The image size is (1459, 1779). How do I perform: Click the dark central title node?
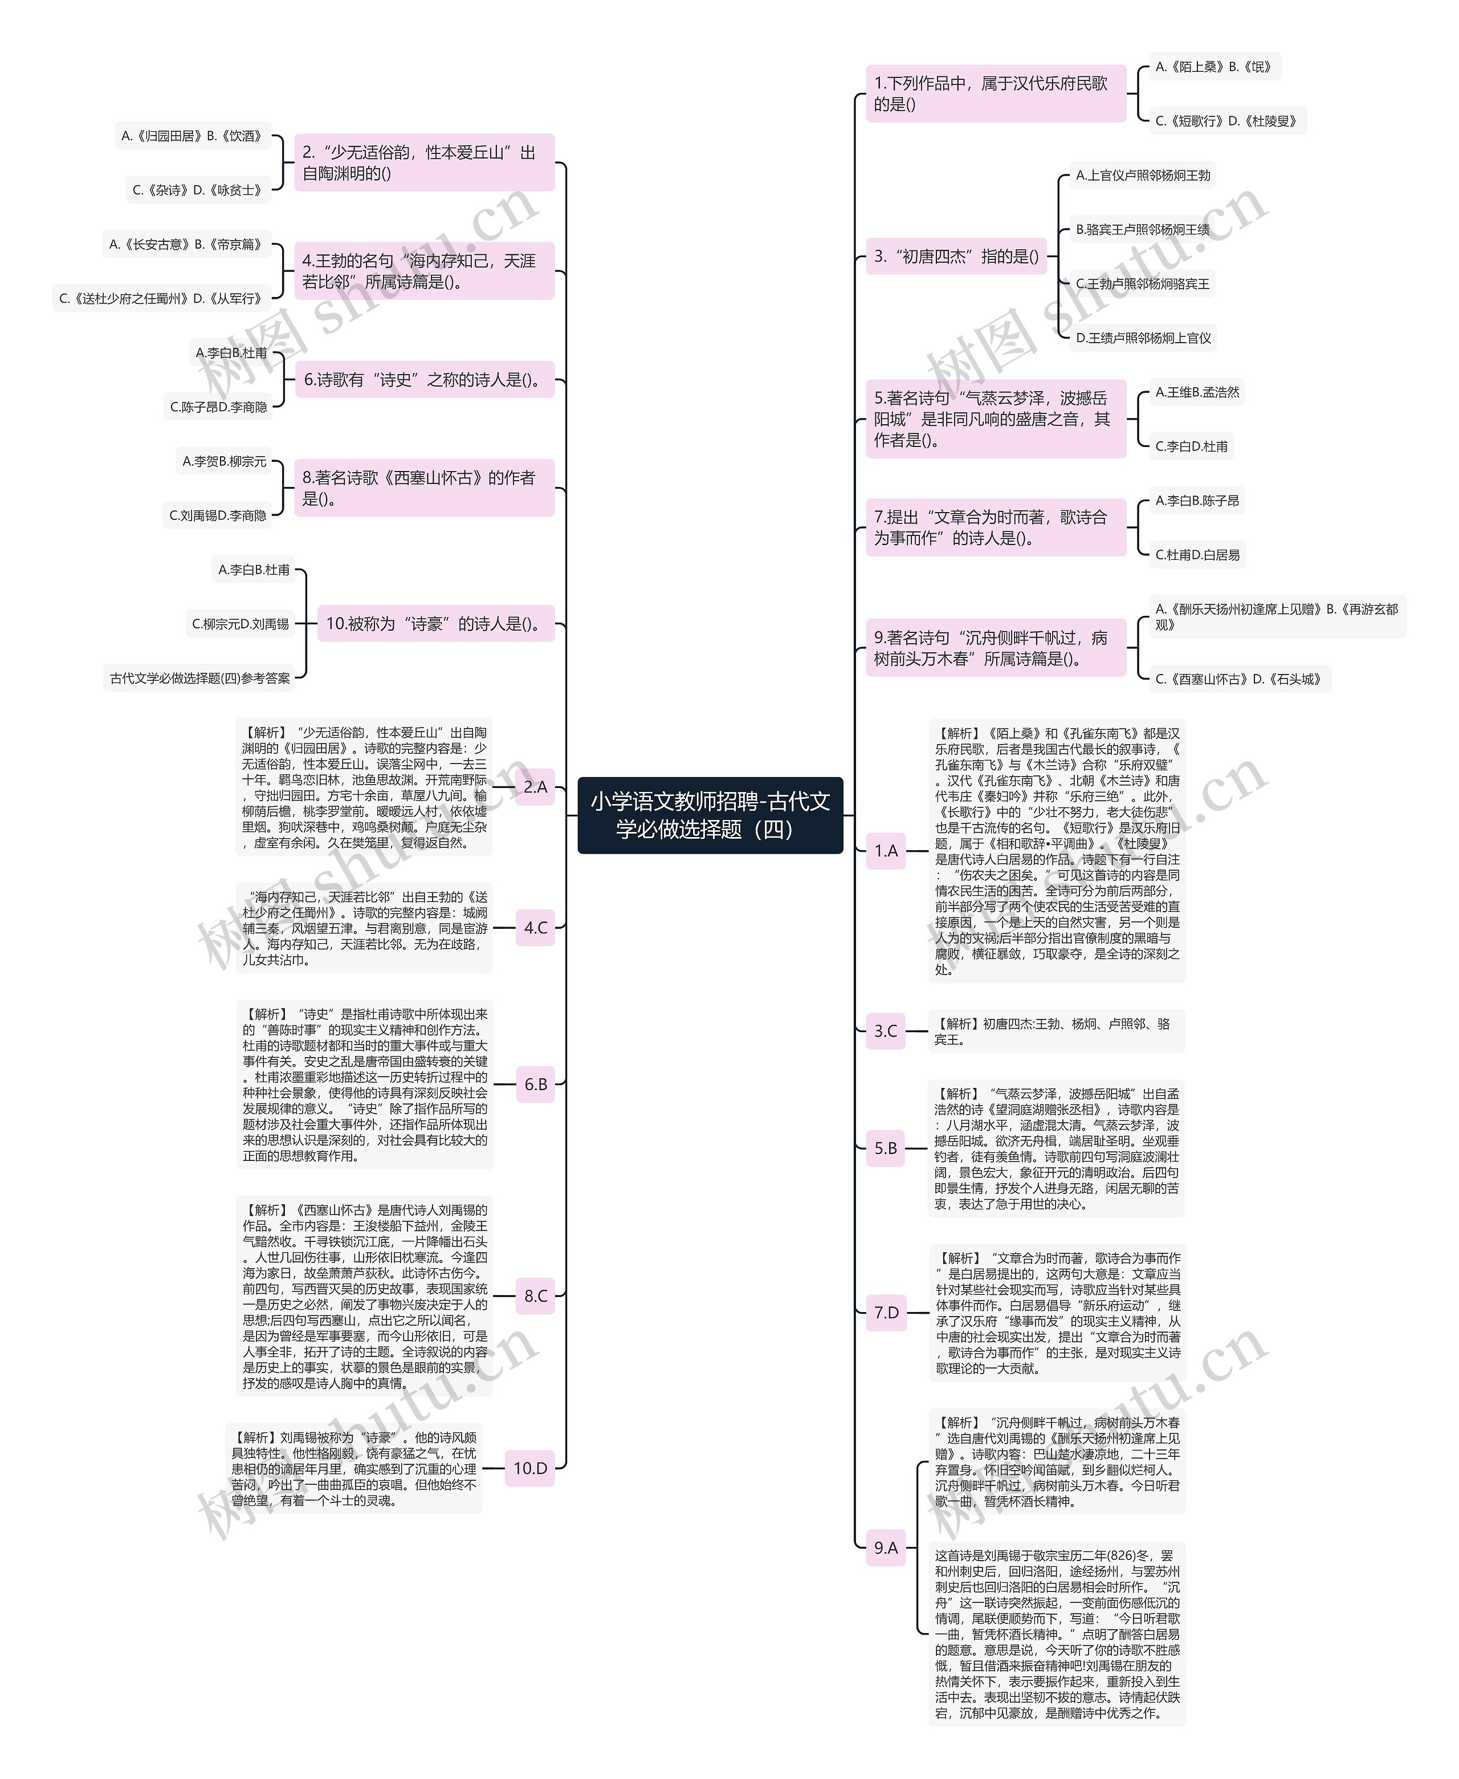tap(710, 815)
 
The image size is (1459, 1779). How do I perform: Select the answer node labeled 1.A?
tap(886, 851)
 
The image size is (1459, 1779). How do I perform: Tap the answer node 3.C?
tap(886, 1031)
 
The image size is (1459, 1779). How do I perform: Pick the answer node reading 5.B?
tap(886, 1148)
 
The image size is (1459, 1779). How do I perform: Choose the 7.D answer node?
tap(886, 1313)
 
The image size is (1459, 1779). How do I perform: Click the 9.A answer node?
tap(886, 1547)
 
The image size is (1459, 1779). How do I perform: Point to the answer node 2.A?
tap(535, 787)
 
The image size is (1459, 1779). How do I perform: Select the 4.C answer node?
tap(535, 928)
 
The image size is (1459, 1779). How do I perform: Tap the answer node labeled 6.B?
tap(535, 1085)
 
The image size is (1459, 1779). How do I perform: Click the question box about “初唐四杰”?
tap(956, 257)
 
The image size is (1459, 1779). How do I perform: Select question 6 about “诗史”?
tap(425, 380)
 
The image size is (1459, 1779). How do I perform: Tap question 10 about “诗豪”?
tap(435, 624)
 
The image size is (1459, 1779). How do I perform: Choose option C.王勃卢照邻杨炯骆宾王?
tap(1142, 284)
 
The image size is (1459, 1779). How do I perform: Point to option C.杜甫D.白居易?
tap(1197, 555)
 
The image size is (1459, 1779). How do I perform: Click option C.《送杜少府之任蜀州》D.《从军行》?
tap(161, 298)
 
